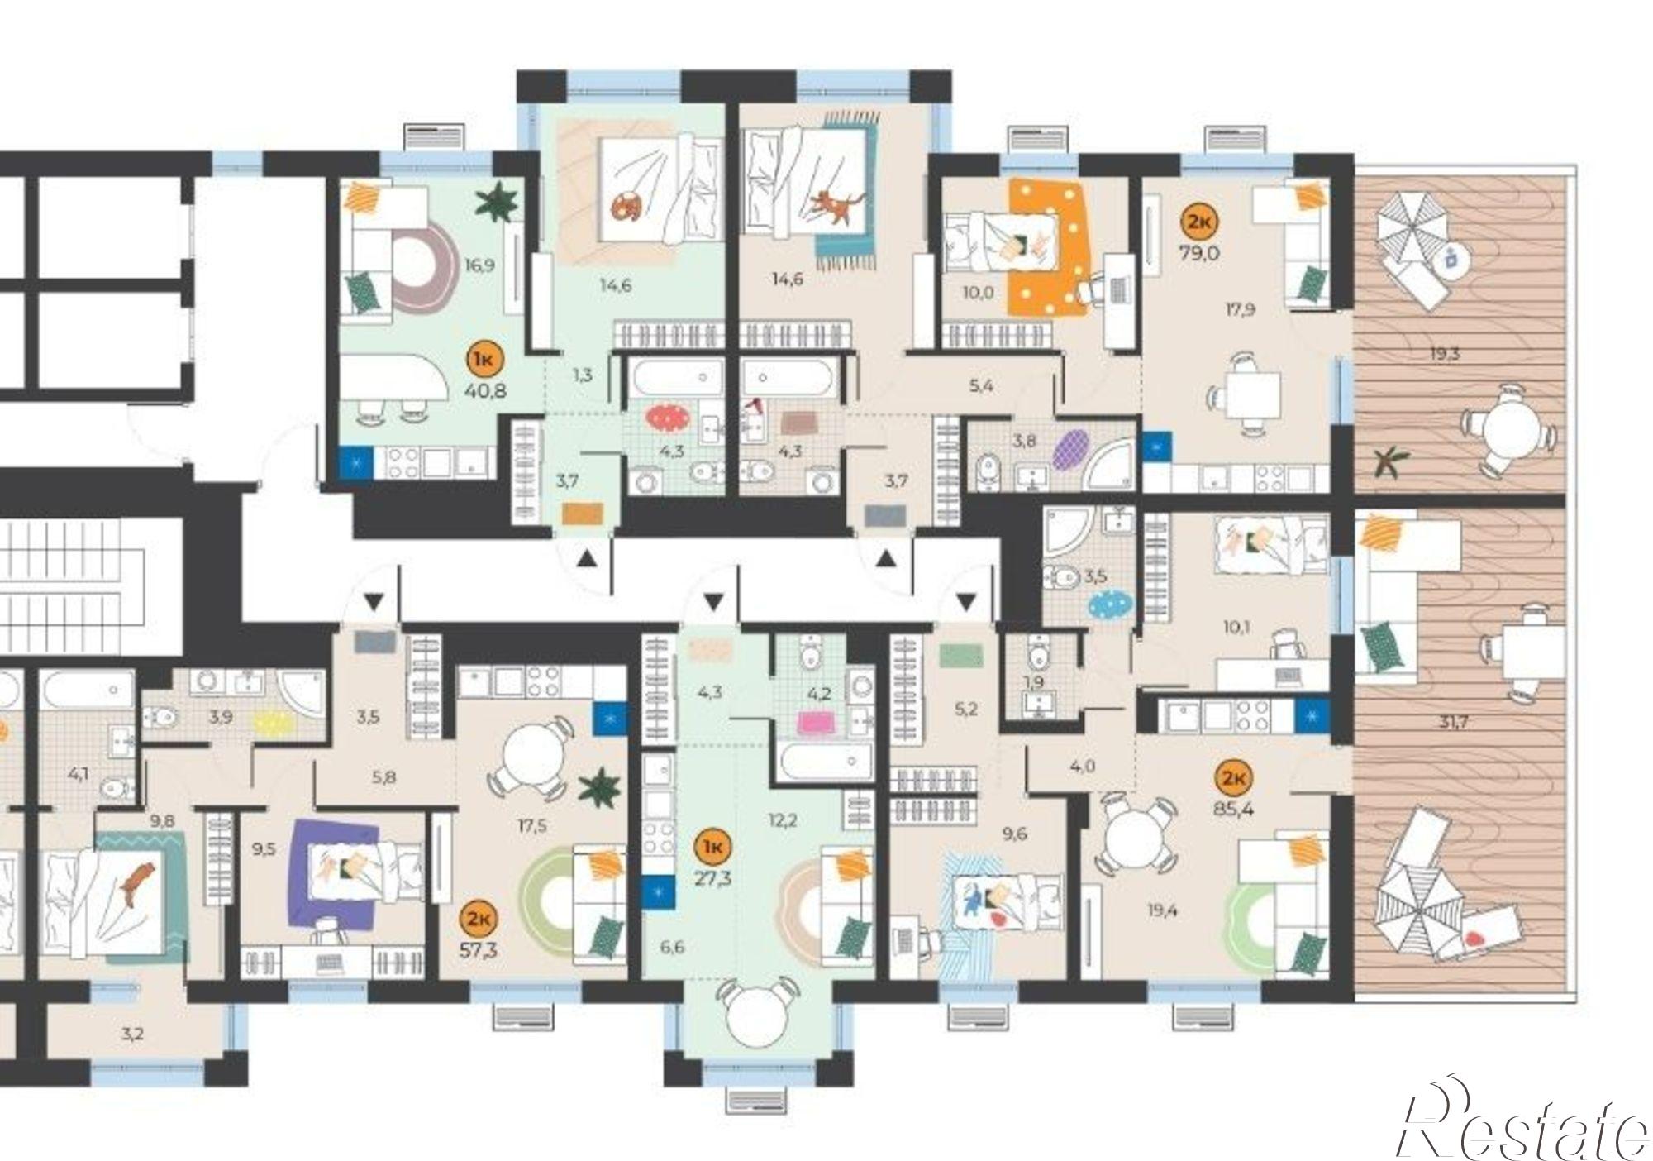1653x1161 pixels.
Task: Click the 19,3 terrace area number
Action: [1446, 354]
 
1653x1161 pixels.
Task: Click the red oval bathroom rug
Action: [669, 418]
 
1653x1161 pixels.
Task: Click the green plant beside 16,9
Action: [498, 202]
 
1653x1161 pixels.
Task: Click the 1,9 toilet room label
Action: [1033, 682]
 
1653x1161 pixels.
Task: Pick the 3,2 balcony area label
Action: [132, 1034]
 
